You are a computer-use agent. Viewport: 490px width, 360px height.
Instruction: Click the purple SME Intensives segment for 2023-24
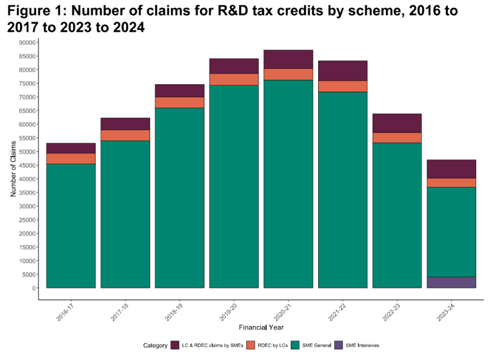pyautogui.click(x=451, y=282)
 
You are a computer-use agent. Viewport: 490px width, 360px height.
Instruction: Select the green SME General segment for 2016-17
pyautogui.click(x=71, y=225)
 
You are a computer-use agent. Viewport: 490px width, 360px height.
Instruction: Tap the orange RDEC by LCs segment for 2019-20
pyautogui.click(x=234, y=79)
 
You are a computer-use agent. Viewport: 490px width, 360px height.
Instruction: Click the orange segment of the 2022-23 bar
pyautogui.click(x=397, y=138)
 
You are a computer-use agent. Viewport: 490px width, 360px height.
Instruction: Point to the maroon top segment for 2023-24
pyautogui.click(x=451, y=169)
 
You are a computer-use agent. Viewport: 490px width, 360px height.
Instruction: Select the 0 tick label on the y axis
pyautogui.click(x=33, y=288)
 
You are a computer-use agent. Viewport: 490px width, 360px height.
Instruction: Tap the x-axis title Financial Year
pyautogui.click(x=261, y=327)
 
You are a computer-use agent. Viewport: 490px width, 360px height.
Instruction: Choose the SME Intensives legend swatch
pyautogui.click(x=338, y=345)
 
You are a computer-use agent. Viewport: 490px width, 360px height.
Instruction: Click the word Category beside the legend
pyautogui.click(x=155, y=345)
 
